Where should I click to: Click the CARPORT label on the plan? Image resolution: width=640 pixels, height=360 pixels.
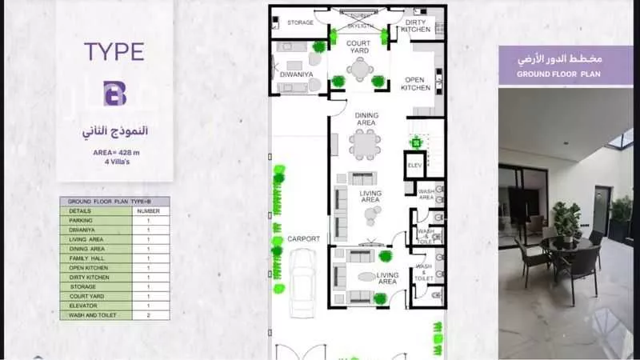[304, 238]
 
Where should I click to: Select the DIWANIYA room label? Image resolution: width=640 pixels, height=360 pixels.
[291, 74]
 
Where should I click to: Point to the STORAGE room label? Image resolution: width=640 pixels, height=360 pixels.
[300, 22]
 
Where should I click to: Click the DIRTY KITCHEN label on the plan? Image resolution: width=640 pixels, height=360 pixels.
[417, 26]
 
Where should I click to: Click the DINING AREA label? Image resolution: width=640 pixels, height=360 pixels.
[366, 119]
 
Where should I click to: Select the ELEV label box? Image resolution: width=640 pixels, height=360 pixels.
[414, 166]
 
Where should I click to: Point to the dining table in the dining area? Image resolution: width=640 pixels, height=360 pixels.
[366, 145]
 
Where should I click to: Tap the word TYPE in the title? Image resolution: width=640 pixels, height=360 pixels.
[114, 53]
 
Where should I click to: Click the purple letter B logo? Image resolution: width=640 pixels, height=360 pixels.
[114, 93]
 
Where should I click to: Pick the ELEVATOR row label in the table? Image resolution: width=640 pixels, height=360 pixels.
[84, 306]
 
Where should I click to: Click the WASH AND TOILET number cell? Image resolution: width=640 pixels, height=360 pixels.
[148, 315]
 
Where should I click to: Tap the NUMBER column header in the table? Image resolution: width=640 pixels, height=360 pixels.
[148, 210]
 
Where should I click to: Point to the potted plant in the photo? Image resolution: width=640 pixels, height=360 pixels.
[566, 218]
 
